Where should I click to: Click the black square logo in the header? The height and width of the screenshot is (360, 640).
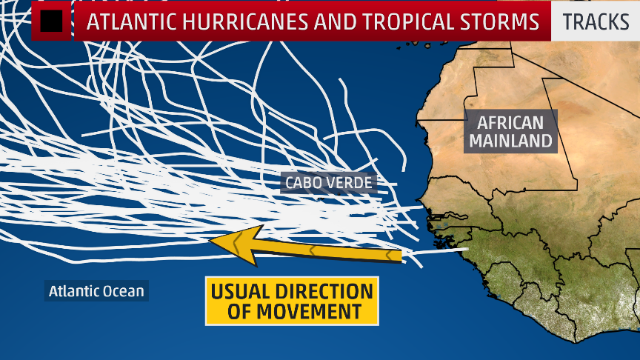pyautogui.click(x=51, y=21)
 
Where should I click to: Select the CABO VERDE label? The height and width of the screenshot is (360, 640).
pyautogui.click(x=329, y=181)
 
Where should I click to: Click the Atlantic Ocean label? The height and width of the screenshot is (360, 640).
pyautogui.click(x=96, y=290)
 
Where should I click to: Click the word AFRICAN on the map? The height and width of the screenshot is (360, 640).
pyautogui.click(x=510, y=122)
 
